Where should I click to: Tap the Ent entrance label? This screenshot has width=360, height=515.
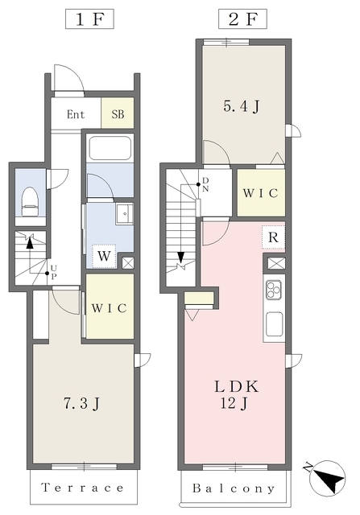[76, 114]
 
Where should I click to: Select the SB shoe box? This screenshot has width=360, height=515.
[118, 114]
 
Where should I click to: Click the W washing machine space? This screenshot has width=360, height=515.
[105, 256]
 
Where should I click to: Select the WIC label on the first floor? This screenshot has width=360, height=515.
[110, 307]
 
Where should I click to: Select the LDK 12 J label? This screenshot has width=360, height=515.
[234, 394]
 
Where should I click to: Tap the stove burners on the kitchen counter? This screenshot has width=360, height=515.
[274, 290]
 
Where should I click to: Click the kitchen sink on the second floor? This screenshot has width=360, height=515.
[274, 325]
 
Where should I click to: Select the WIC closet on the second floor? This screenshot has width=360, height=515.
[259, 193]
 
